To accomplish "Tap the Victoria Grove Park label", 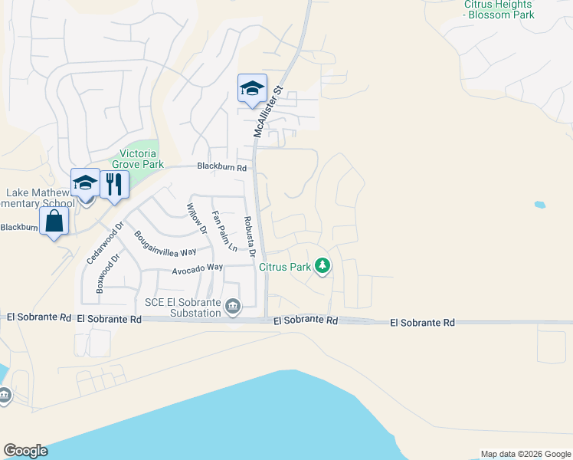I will click(138, 159).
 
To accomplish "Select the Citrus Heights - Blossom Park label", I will click(499, 9).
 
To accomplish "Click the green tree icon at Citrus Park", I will click(323, 266).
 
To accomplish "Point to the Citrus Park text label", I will click(284, 267).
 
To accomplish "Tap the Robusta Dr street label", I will click(249, 235).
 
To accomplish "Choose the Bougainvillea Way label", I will click(165, 244).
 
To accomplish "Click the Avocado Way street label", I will click(197, 268).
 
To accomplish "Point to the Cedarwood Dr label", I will click(105, 244).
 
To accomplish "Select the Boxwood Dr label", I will click(106, 274).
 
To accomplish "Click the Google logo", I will click(25, 451).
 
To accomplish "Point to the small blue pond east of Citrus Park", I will click(540, 205).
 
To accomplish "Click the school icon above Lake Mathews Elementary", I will click(85, 183).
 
